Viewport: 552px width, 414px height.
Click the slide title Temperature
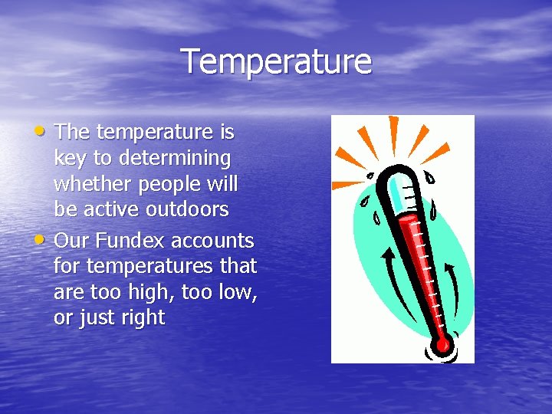pyautogui.click(x=276, y=62)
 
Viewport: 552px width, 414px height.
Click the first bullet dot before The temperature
pyautogui.click(x=44, y=130)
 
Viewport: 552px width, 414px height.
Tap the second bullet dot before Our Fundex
pyautogui.click(x=44, y=238)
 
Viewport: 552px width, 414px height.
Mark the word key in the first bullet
pyautogui.click(x=69, y=159)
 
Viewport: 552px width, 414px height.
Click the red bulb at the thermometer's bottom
pyautogui.click(x=441, y=344)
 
